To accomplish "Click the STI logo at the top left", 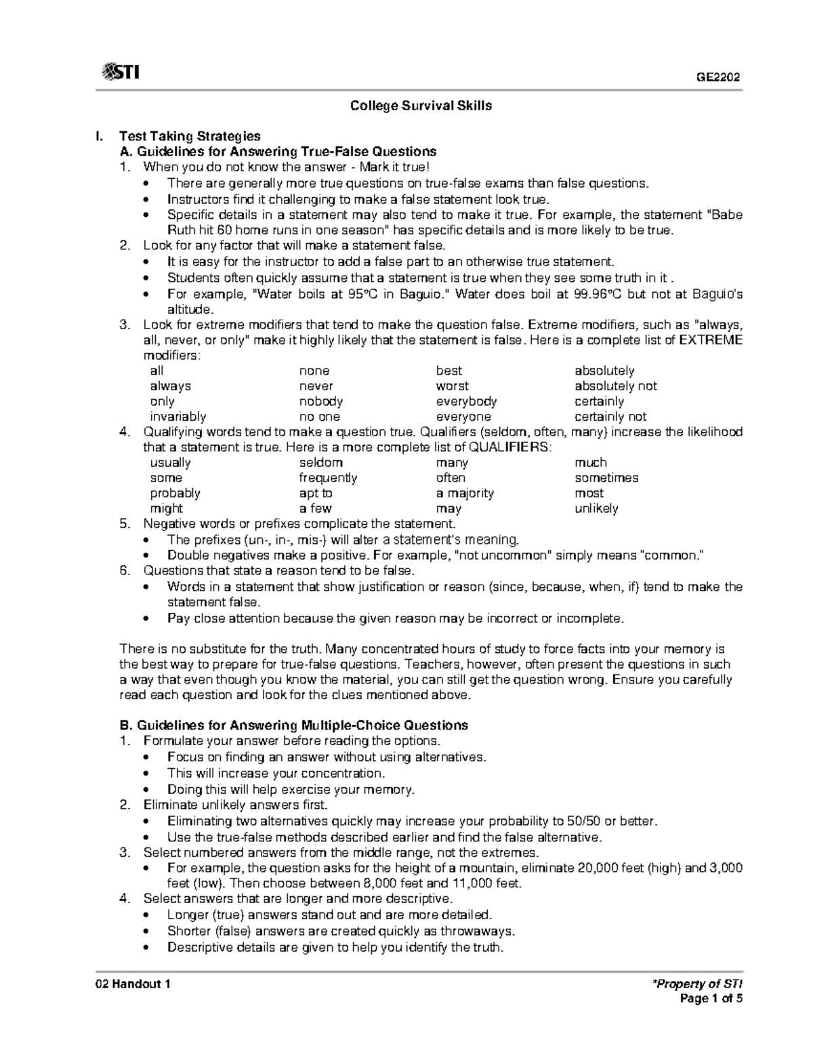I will (x=120, y=72).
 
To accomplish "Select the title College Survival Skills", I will (x=421, y=106).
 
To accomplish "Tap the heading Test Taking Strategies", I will (x=190, y=136).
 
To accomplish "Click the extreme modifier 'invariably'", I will (x=178, y=417).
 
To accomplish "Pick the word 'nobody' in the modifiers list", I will (x=321, y=401).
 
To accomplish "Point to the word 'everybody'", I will (x=466, y=401).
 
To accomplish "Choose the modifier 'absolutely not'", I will (x=616, y=386).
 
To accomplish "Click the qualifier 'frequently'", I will (x=328, y=478).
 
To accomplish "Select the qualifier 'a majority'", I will (x=465, y=493).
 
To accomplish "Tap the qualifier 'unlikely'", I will (x=596, y=508).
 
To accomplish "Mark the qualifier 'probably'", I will (x=175, y=493).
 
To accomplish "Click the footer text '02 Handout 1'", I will (x=132, y=984).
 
